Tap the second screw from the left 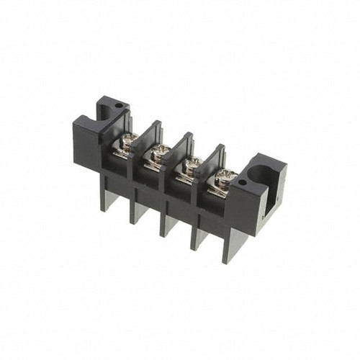pos(159,150)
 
